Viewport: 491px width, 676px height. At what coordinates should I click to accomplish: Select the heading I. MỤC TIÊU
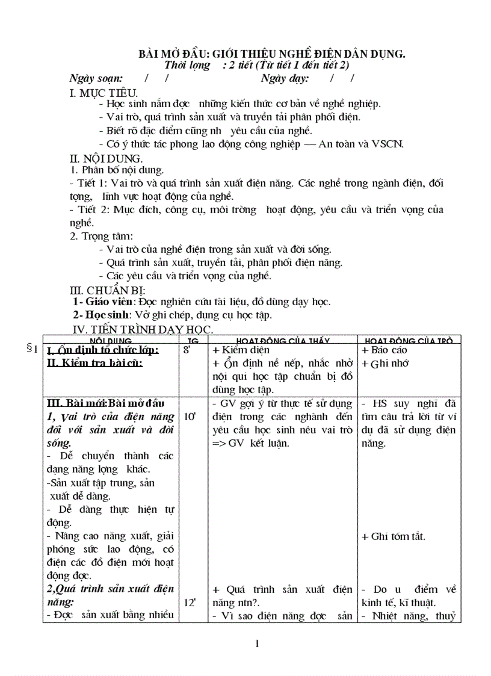coord(104,93)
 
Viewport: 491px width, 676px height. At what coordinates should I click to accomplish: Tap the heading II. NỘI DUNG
coord(106,159)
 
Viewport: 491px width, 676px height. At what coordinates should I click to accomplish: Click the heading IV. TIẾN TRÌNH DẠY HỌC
coord(143,329)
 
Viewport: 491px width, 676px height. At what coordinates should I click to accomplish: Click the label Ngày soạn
coord(96,78)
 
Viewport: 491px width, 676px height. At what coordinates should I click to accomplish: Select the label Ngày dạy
coord(285,78)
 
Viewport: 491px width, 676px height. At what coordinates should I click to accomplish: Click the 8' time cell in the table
coord(186,350)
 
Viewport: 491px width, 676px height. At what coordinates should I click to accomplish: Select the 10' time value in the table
coord(190,416)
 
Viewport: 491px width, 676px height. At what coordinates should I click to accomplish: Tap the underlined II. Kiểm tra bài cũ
coord(94,364)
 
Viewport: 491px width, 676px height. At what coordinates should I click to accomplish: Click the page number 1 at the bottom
coord(258,644)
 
